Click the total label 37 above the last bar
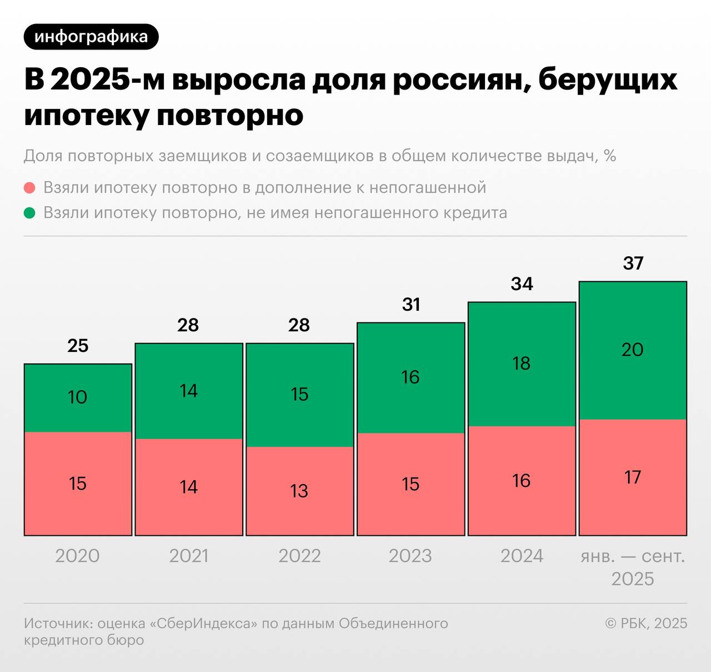tap(633, 263)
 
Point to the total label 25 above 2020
tap(78, 346)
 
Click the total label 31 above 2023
tap(411, 305)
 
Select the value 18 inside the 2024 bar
tap(522, 364)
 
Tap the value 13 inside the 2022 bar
tap(299, 491)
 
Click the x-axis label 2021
tap(189, 556)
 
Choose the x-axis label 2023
tap(410, 556)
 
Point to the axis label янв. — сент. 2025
tap(633, 567)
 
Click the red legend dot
tap(30, 188)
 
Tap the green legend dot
tap(30, 213)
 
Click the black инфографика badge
tap(91, 37)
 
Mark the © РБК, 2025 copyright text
tap(646, 623)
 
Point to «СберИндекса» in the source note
tap(204, 623)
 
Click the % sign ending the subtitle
tap(610, 156)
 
